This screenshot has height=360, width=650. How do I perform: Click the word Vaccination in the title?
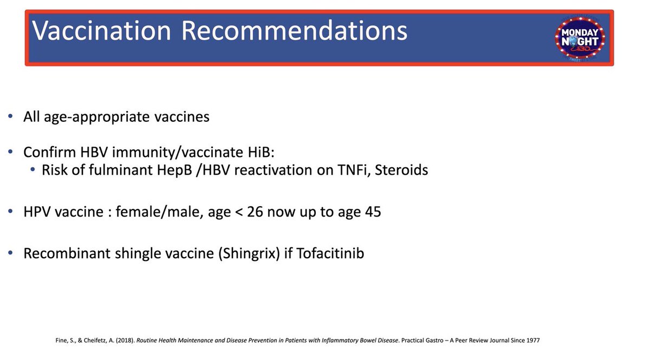tap(101, 30)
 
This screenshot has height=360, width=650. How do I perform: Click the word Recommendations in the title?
tap(294, 30)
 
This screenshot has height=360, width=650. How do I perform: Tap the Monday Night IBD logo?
tap(580, 38)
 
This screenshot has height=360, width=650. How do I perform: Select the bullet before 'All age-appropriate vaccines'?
tap(10, 116)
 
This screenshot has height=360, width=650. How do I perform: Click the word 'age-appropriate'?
tap(97, 117)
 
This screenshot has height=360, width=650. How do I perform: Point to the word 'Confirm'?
tap(50, 152)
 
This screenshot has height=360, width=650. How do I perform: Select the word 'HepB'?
tap(174, 171)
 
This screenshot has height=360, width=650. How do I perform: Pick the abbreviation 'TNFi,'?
tap(354, 171)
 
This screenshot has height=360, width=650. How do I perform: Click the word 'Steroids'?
tap(401, 169)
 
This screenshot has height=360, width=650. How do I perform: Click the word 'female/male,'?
tap(159, 212)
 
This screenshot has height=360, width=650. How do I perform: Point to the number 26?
tap(255, 212)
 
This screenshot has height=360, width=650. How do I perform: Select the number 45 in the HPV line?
tap(373, 212)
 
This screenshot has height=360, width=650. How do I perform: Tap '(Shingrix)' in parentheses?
tap(249, 254)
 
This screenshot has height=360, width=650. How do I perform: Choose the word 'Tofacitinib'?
tap(330, 253)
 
